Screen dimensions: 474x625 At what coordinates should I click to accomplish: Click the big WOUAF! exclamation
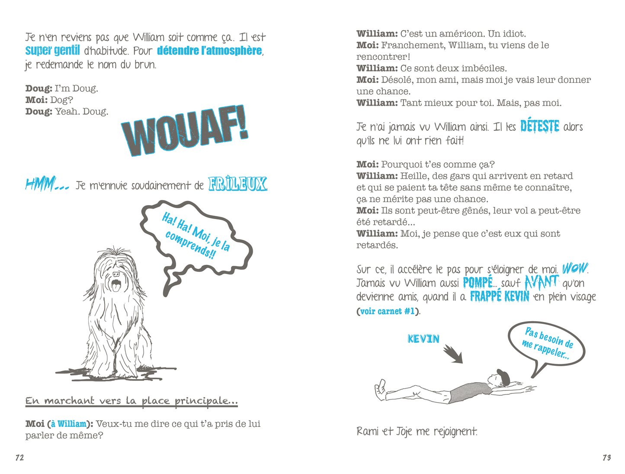(x=185, y=131)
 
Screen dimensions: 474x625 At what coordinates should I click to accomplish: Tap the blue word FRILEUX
(x=237, y=184)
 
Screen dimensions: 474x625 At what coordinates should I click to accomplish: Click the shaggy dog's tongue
(x=115, y=286)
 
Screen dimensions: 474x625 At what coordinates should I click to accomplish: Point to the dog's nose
(x=116, y=274)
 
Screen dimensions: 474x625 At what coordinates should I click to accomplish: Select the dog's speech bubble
(x=197, y=236)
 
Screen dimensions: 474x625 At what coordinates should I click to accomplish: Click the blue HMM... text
(x=47, y=185)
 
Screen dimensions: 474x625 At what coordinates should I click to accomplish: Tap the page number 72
(x=19, y=458)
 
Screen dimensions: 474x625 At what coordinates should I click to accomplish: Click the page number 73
(x=606, y=458)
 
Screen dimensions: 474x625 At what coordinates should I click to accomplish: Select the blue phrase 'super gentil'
(x=52, y=51)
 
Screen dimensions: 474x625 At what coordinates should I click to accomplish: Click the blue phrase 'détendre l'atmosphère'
(x=209, y=51)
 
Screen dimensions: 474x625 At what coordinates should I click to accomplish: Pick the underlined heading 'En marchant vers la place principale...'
(x=131, y=401)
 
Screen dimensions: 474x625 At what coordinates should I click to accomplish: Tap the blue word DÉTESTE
(x=539, y=126)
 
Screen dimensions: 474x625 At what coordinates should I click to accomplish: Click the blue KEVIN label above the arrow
(x=423, y=339)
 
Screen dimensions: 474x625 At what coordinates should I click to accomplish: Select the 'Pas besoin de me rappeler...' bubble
(x=547, y=345)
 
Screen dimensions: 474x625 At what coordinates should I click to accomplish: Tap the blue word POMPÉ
(x=478, y=283)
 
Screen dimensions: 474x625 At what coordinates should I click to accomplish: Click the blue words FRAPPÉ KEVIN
(x=499, y=297)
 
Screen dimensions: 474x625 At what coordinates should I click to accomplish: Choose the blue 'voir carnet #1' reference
(x=387, y=311)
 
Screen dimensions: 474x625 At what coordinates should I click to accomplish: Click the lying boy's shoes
(x=380, y=389)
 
